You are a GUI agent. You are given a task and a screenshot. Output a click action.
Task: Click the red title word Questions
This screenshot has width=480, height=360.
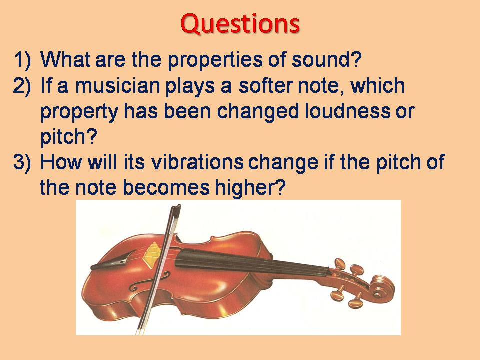coord(240,22)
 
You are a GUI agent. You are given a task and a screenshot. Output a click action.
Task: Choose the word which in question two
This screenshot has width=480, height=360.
coord(377,86)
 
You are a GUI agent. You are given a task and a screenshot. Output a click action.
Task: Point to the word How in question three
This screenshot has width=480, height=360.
coord(59,163)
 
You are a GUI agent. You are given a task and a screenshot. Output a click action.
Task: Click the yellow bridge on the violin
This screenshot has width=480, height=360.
coord(152,253)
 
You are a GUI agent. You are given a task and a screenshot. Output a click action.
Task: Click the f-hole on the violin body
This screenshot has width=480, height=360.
coord(134,285)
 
